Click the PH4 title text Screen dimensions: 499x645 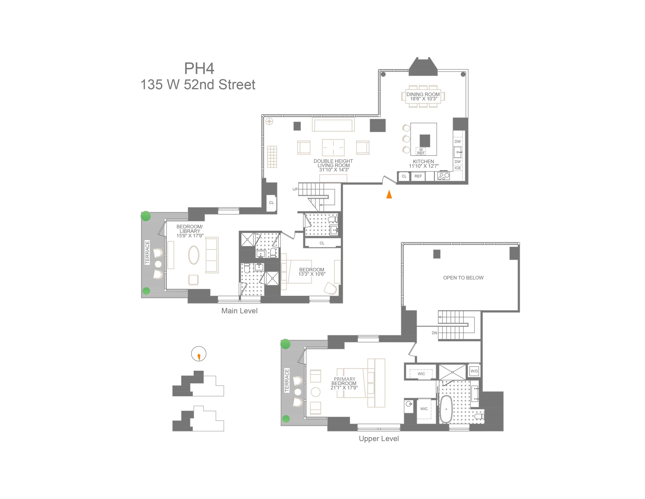click(199, 68)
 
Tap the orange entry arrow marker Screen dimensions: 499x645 click(389, 194)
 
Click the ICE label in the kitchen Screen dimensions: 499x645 click(458, 168)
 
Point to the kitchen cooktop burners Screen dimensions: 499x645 click(443, 176)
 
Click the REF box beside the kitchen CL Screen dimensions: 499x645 click(418, 176)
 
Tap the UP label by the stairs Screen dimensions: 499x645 click(295, 189)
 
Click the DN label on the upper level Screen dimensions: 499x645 click(434, 333)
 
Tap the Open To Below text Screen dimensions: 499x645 click(463, 278)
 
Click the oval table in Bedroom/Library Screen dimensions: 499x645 click(194, 255)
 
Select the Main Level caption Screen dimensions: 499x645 click(239, 311)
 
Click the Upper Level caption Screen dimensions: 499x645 click(379, 438)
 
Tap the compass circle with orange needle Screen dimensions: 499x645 click(199, 354)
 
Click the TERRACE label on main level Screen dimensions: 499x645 click(147, 252)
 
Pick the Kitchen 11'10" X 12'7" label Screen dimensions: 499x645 click(424, 163)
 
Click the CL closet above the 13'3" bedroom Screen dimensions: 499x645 click(322, 243)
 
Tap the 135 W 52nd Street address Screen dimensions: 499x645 click(198, 85)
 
